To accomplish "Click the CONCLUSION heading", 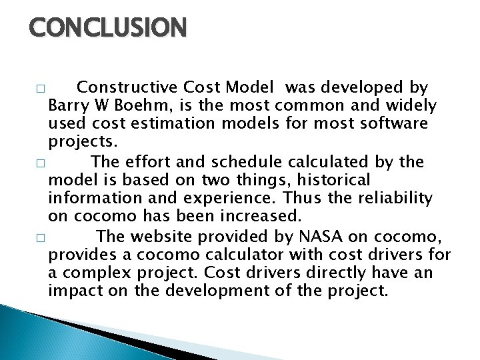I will click(108, 28).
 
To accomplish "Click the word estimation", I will click(167, 124).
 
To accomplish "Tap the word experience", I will click(229, 199).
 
